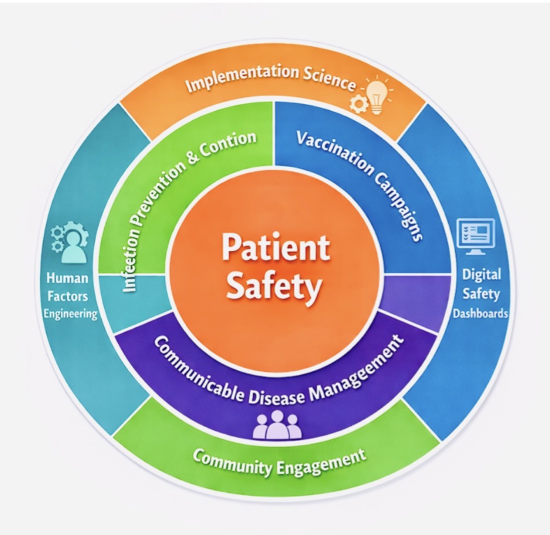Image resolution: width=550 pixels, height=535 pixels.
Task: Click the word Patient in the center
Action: click(275, 247)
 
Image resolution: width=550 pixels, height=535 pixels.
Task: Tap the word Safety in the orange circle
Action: click(273, 287)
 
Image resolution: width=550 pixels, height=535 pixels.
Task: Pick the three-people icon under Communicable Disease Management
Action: click(277, 425)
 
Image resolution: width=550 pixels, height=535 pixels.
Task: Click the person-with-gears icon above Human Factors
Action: click(71, 242)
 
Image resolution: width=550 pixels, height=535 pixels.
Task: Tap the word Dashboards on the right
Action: click(480, 314)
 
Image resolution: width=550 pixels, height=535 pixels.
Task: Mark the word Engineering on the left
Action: click(71, 314)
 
